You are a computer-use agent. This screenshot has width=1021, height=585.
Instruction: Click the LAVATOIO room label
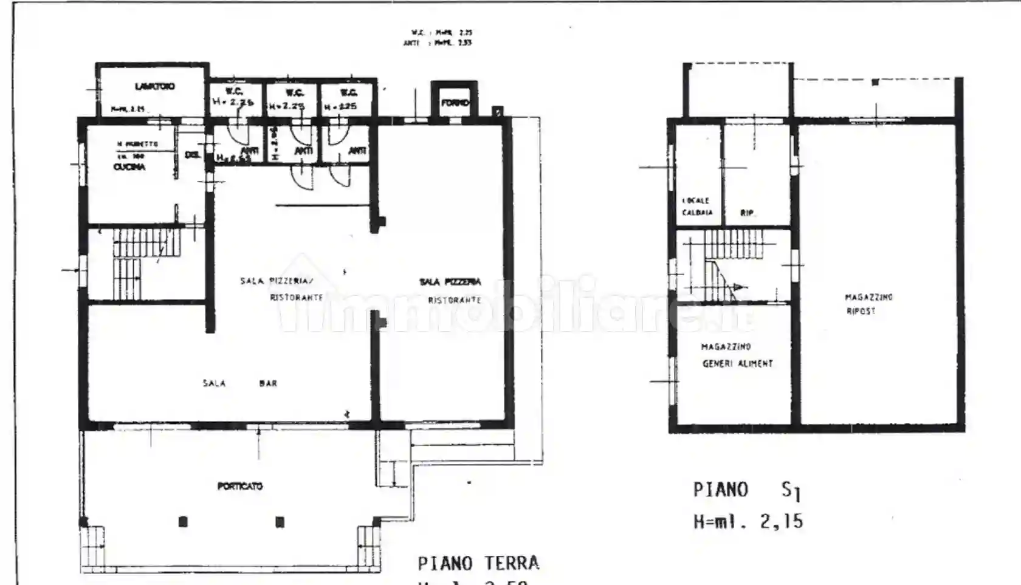point(154,87)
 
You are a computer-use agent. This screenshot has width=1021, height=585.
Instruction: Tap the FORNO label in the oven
point(455,103)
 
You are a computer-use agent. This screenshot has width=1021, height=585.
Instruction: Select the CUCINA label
point(129,166)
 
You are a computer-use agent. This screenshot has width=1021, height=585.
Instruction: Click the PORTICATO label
point(240,486)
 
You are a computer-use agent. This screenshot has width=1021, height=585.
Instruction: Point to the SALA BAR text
point(240,383)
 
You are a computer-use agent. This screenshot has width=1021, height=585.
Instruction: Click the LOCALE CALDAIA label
point(696,207)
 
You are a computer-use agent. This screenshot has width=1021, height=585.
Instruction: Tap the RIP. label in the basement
point(748,213)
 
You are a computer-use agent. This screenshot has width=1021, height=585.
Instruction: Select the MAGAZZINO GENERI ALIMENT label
point(737,355)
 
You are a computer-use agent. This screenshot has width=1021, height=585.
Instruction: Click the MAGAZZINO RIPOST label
point(868,304)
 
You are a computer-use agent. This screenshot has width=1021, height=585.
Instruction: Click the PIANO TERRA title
point(478,563)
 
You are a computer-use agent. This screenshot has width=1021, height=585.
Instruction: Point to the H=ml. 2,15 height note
point(748,521)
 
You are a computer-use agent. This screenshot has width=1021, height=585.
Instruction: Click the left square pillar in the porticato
point(184,521)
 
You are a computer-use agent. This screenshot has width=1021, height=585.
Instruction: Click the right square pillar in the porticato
point(280,521)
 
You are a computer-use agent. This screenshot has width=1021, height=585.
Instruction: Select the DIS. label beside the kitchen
point(192,155)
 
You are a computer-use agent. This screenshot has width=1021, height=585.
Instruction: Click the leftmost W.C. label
point(234,91)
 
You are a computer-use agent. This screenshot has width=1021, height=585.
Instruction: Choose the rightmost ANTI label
point(357,151)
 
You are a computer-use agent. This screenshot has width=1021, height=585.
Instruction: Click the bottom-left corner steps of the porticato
point(92,547)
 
